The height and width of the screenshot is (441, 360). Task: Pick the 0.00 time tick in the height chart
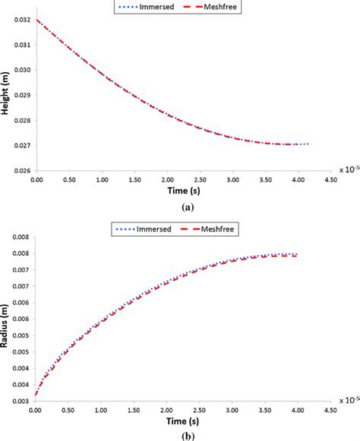[x=36, y=181]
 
